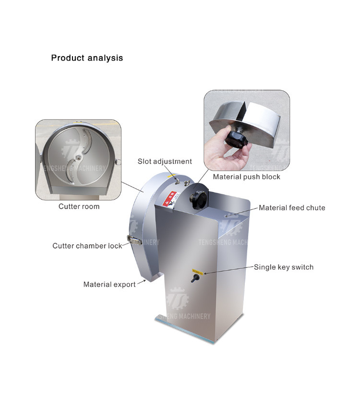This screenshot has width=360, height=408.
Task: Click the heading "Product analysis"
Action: [87, 58]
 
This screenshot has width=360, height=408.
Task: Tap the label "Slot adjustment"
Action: [165, 162]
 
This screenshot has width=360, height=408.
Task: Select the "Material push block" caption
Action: [246, 177]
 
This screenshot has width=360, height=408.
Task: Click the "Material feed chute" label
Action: [292, 208]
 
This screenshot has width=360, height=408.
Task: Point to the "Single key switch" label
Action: [283, 267]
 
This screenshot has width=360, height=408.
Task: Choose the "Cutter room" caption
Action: [79, 206]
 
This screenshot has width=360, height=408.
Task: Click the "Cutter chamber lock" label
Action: [87, 246]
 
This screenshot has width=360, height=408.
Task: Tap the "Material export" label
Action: [109, 284]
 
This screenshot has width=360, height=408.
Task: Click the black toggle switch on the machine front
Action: [195, 279]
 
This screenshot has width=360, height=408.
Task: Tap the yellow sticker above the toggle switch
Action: [197, 272]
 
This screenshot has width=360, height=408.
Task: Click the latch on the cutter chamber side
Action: [131, 239]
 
